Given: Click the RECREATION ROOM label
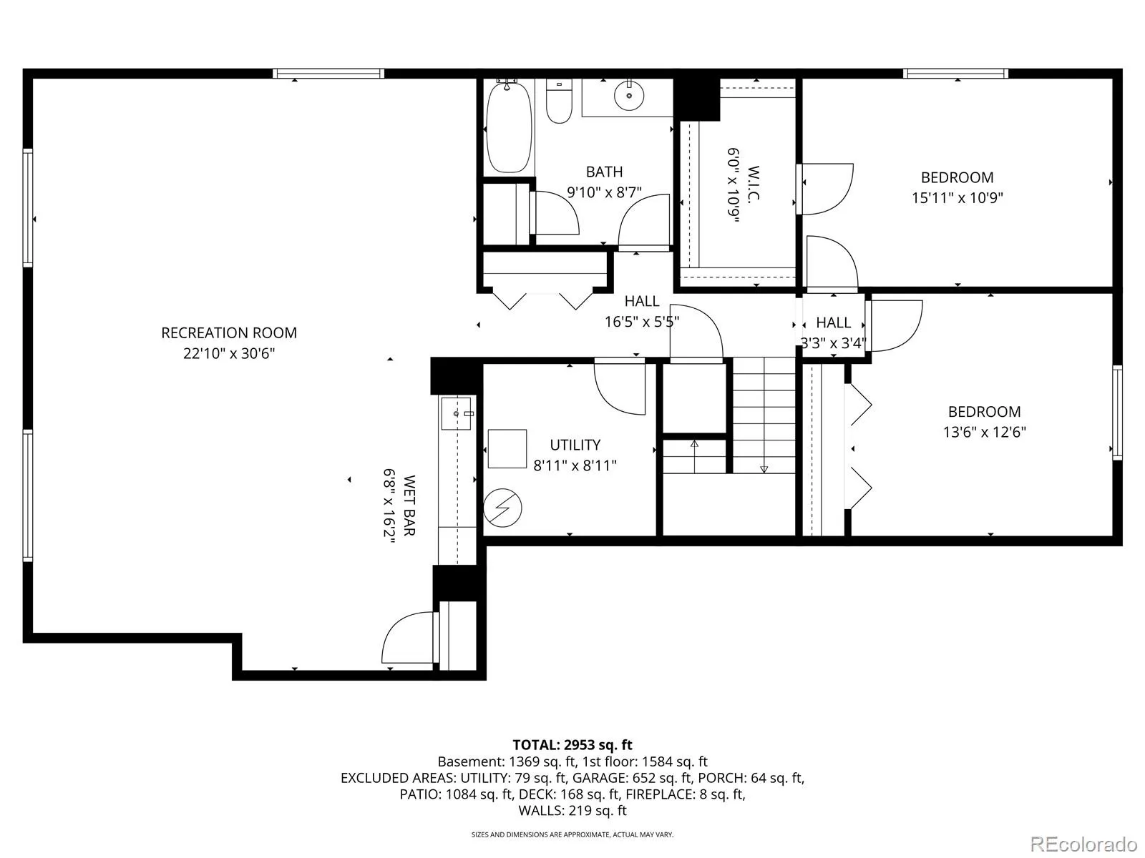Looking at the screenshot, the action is [x=229, y=333].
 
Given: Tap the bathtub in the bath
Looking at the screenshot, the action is [x=509, y=128].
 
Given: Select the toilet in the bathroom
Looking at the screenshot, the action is [x=559, y=101].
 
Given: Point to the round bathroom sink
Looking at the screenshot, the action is [x=629, y=96].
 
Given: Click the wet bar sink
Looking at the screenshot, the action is [x=457, y=413].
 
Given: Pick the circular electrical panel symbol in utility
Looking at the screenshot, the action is [x=502, y=508].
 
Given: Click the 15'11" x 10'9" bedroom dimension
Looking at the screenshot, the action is [x=958, y=198].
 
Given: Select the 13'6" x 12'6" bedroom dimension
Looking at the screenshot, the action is [x=984, y=433].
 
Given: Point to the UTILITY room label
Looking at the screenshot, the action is [x=575, y=445].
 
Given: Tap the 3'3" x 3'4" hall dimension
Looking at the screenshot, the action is [x=833, y=343].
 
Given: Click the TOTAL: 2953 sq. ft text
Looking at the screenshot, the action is [x=572, y=745].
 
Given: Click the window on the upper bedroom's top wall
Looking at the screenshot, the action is [x=955, y=74].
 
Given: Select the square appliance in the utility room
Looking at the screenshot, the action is [x=507, y=448].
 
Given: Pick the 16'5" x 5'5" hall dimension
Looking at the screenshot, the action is [x=642, y=322].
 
